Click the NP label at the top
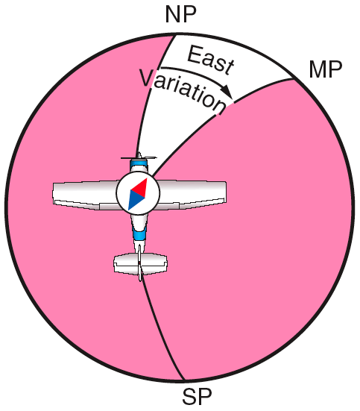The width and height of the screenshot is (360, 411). [x=180, y=14]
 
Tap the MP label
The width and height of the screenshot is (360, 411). [x=326, y=69]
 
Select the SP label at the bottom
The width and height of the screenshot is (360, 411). [x=197, y=396]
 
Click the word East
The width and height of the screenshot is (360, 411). [x=210, y=60]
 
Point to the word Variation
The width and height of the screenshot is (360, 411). [x=182, y=90]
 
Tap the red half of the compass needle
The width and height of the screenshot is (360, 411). [x=140, y=188]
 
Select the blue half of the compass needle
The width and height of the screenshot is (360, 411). [x=135, y=200]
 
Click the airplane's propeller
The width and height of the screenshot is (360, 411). [x=139, y=158]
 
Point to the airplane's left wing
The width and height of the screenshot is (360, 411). [x=85, y=195]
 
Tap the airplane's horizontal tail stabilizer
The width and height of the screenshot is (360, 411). [x=140, y=264]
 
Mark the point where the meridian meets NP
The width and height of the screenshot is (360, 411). [x=176, y=34]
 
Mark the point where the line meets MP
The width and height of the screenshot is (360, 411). [x=294, y=78]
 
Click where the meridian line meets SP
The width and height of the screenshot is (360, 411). [x=184, y=380]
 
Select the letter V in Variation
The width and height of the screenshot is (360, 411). [x=146, y=78]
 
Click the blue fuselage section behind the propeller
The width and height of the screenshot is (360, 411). [x=139, y=166]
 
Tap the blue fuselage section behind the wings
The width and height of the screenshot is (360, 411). [x=139, y=233]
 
